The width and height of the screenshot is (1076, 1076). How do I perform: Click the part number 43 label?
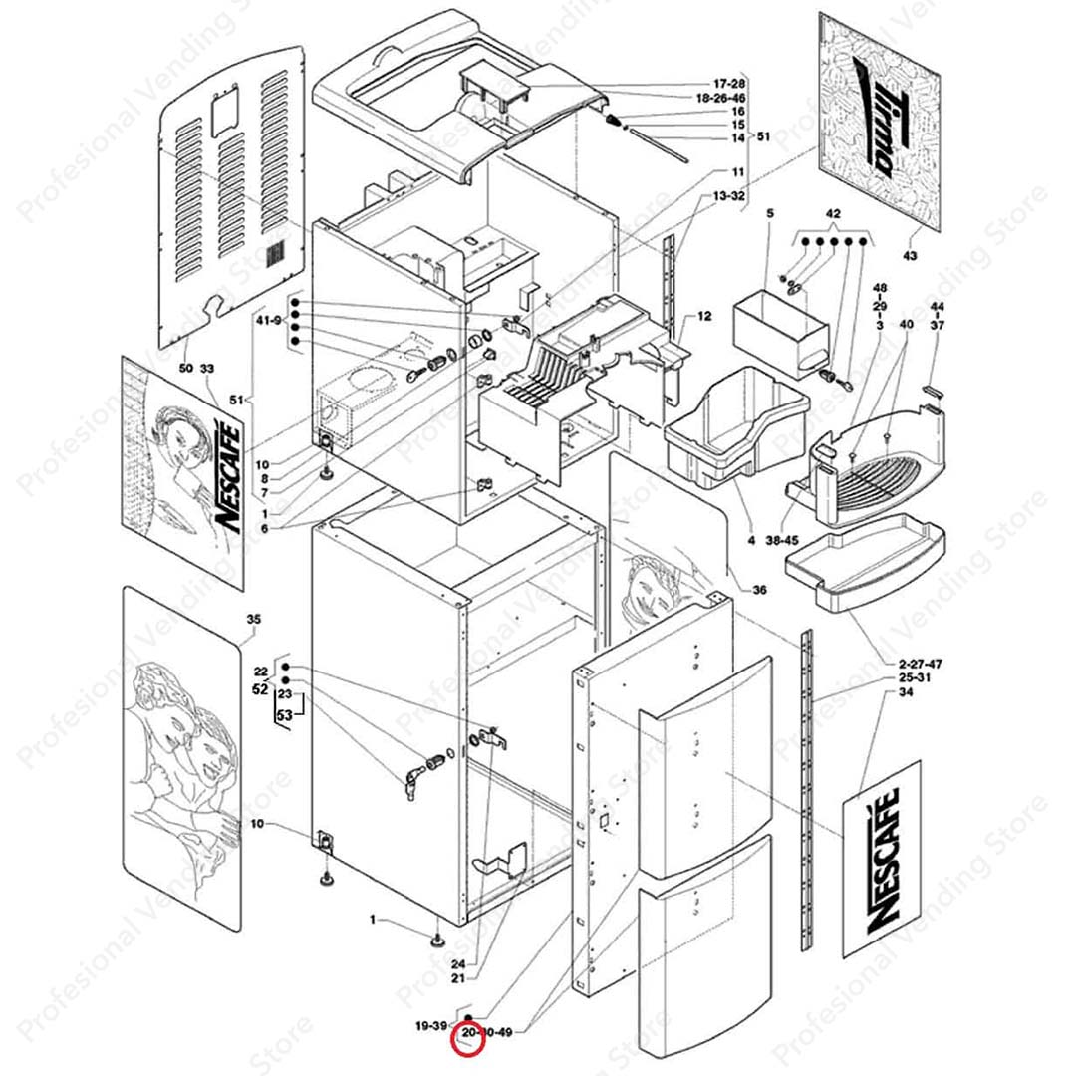tap(909, 257)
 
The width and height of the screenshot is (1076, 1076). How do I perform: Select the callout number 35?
tap(253, 620)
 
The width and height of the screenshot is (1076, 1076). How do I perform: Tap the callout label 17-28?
tap(729, 83)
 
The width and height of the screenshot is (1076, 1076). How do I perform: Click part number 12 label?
tap(704, 316)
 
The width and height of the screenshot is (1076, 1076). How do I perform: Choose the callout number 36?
tap(759, 590)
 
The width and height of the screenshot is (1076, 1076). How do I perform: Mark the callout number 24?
tap(458, 964)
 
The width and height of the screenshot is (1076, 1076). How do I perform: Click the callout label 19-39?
tap(431, 1026)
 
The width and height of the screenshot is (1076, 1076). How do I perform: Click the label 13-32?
tap(729, 196)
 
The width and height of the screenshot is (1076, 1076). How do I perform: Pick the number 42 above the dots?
tap(834, 214)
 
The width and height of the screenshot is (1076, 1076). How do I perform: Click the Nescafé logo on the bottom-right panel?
tap(883, 860)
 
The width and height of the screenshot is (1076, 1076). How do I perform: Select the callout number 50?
tap(186, 369)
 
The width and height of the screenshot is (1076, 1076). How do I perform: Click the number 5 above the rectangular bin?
tap(769, 214)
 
